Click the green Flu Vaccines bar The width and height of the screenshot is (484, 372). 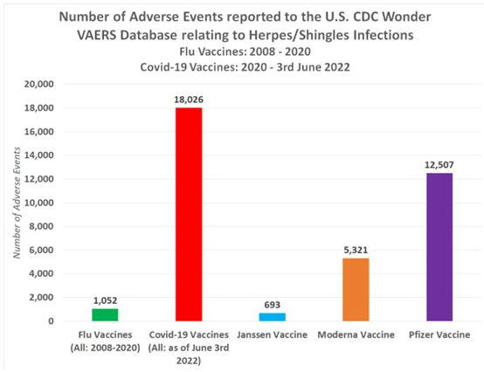click(x=105, y=314)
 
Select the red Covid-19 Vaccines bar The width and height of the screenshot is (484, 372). click(x=189, y=214)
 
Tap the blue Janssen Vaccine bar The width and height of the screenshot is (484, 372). click(x=273, y=317)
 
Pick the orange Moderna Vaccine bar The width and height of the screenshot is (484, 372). click(x=356, y=290)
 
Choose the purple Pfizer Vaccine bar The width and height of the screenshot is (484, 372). click(x=439, y=247)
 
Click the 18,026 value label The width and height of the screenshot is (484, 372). click(x=189, y=100)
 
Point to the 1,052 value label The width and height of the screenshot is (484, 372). click(x=105, y=300)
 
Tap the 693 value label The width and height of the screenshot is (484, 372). click(x=273, y=305)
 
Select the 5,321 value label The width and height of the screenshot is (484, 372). click(x=356, y=250)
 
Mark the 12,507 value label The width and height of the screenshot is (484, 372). click(x=439, y=165)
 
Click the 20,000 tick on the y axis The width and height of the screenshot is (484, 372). click(x=39, y=84)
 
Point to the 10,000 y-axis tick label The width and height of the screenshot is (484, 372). click(x=39, y=203)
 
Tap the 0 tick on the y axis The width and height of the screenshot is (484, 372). click(x=51, y=321)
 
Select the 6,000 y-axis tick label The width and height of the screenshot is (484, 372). click(x=41, y=250)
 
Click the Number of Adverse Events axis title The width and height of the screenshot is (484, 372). click(x=17, y=203)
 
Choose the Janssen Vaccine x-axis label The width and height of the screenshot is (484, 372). click(x=273, y=334)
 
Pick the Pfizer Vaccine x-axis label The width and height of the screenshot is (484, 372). click(x=439, y=334)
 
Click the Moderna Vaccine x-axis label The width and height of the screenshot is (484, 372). click(x=356, y=334)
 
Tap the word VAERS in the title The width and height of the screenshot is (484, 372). click(x=97, y=35)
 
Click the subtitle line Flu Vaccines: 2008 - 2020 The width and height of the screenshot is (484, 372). click(x=245, y=52)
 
